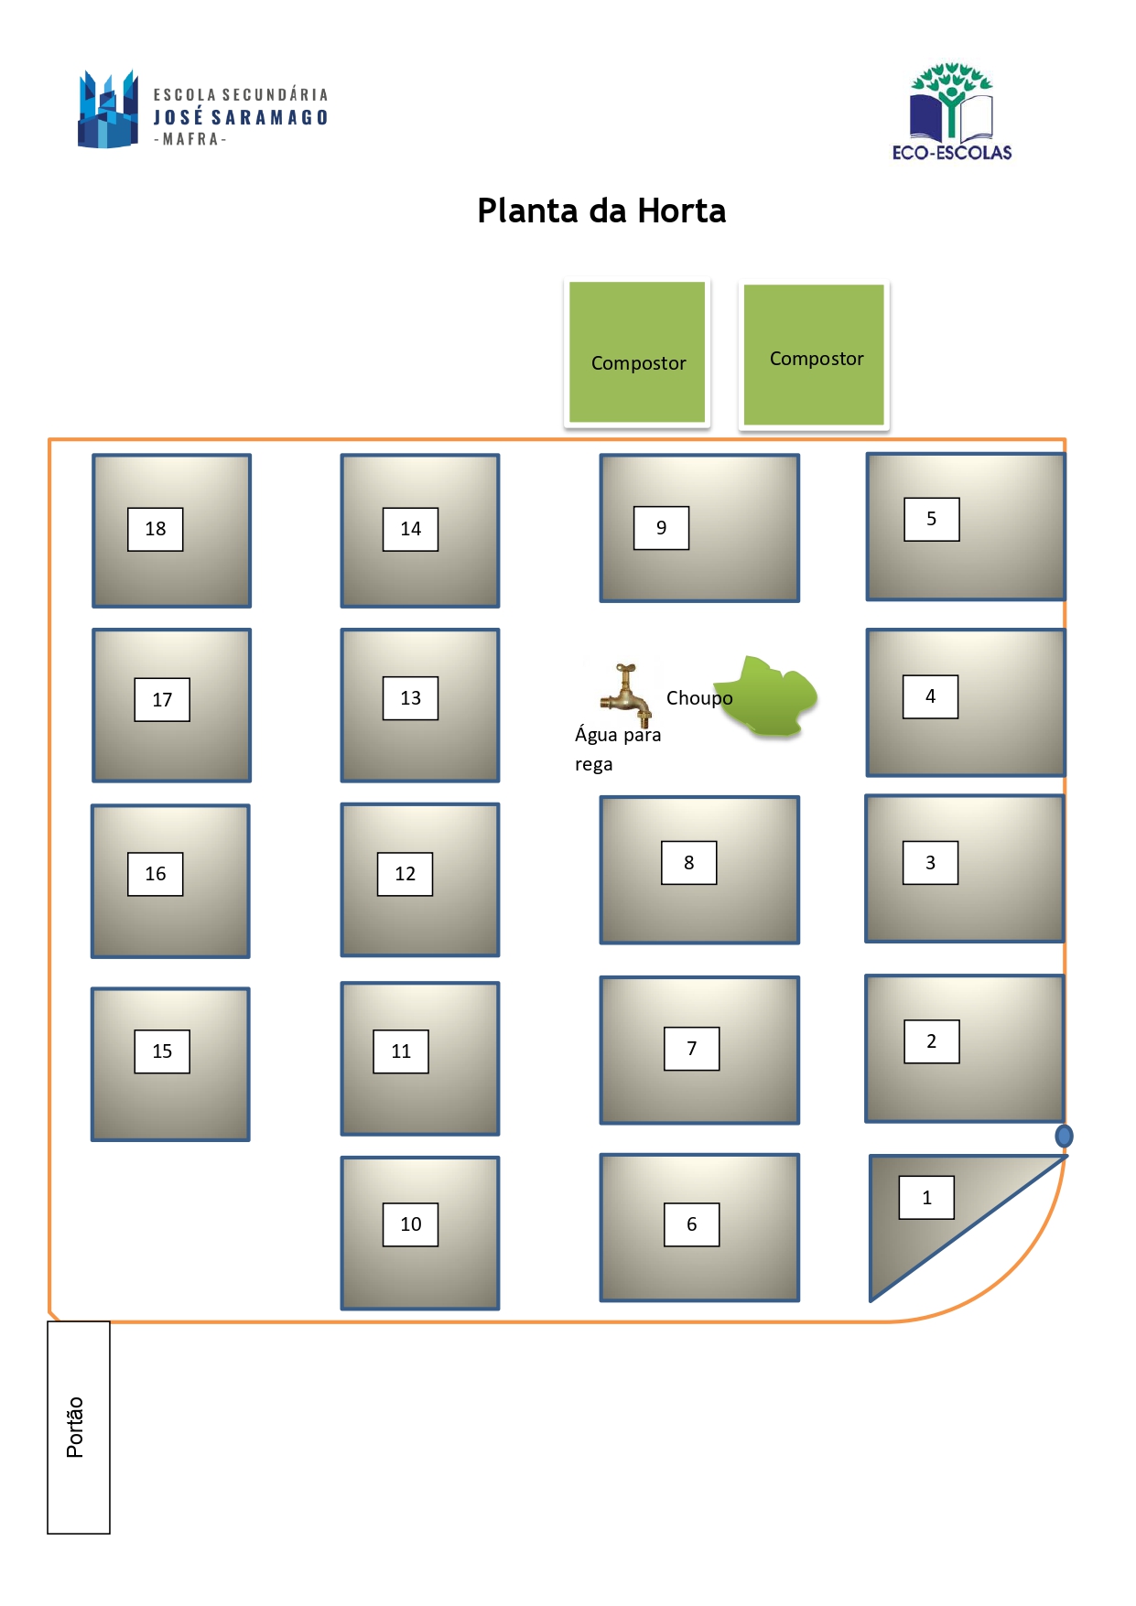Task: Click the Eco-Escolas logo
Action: tap(952, 112)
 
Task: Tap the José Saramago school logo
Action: tap(203, 110)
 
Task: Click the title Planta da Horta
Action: tap(601, 210)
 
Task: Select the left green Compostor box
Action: tap(637, 352)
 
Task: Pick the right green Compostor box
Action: tap(814, 354)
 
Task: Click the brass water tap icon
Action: tap(626, 695)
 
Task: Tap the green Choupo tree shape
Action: tap(766, 696)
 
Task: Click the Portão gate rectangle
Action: tap(79, 1427)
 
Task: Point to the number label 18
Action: tap(156, 529)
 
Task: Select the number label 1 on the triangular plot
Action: tap(926, 1197)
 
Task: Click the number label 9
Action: tap(661, 528)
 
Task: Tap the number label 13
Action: tap(410, 698)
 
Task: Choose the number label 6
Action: tap(691, 1224)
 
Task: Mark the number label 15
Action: tap(162, 1051)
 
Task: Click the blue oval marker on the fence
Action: tap(1064, 1136)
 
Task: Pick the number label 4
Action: tap(930, 696)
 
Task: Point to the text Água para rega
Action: tap(618, 749)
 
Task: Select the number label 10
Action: tap(410, 1224)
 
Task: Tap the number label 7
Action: tap(691, 1049)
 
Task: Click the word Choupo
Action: tap(699, 698)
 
